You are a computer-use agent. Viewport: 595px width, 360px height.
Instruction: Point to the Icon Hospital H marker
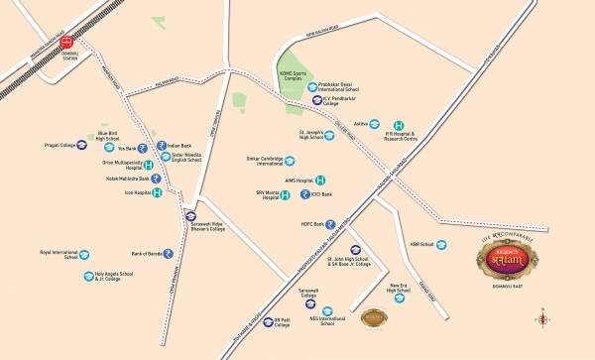tap(157, 191)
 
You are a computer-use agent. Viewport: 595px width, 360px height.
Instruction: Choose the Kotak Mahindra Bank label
tap(115, 178)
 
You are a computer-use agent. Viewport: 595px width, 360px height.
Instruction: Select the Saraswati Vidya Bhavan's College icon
tap(191, 216)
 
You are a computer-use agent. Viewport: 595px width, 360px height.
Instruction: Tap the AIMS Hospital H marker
tap(320, 180)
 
